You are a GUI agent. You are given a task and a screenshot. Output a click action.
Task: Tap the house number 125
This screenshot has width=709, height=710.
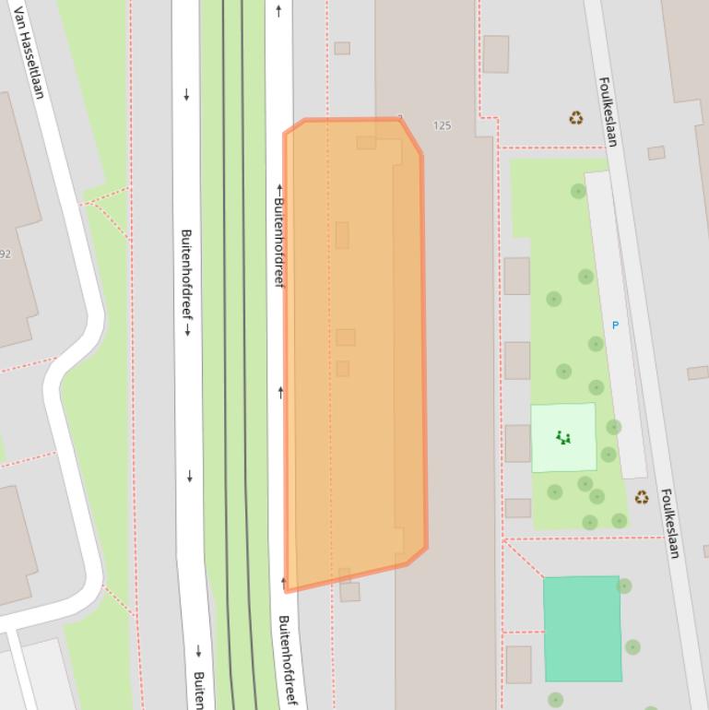443,125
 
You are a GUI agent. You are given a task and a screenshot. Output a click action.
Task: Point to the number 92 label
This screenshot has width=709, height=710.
6,254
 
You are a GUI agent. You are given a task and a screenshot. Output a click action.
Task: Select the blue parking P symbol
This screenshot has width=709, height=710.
615,325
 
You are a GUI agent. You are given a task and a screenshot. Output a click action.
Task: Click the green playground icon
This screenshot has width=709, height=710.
563,438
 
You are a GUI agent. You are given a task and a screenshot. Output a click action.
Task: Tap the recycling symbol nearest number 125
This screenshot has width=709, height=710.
576,118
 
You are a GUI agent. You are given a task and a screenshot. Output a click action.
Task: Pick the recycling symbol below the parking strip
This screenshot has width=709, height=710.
641,498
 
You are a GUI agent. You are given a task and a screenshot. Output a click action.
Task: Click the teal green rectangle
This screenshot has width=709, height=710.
582,628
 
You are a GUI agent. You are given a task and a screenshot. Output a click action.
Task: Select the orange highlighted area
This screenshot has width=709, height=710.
355,350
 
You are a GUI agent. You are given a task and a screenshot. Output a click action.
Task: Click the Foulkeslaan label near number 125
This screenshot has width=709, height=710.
608,112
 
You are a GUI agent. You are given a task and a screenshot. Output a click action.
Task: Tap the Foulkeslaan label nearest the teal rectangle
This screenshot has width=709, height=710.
670,523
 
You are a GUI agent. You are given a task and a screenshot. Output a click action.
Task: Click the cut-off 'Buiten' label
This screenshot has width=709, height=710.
198,691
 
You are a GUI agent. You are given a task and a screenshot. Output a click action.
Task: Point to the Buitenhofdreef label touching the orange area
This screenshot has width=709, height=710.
278,242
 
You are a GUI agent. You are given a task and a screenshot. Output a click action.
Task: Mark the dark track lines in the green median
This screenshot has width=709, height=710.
235,369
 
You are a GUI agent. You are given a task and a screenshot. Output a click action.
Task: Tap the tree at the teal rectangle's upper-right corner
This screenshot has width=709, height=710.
624,586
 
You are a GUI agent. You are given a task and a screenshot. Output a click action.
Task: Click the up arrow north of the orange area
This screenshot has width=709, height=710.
278,11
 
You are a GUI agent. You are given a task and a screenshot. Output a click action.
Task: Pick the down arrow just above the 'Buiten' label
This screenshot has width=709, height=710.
198,652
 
